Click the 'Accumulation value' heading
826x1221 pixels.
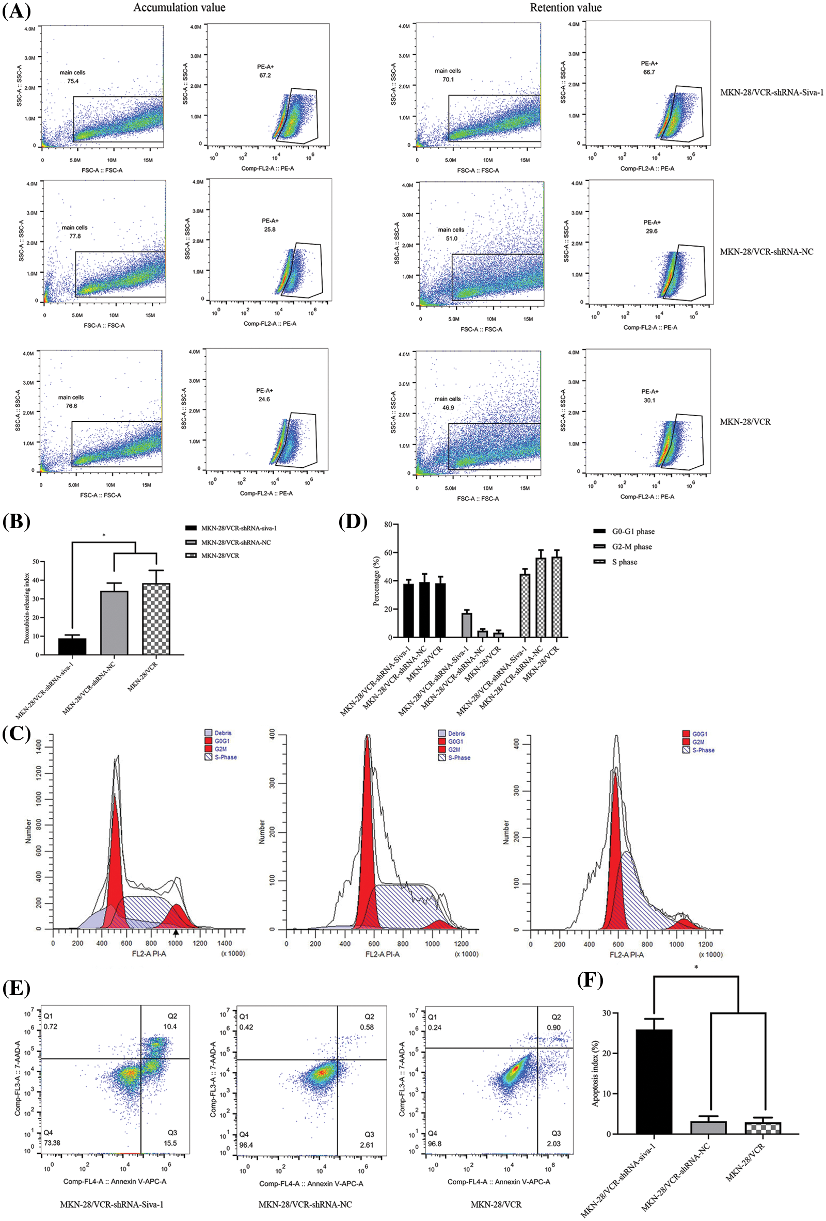[179, 7]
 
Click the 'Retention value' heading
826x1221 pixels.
[565, 7]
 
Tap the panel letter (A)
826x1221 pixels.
[17, 10]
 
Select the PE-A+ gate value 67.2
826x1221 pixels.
[264, 76]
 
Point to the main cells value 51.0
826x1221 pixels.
[451, 239]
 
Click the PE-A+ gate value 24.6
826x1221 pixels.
[264, 399]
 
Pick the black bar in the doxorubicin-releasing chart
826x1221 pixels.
[72, 646]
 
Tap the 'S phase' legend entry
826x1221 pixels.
[624, 562]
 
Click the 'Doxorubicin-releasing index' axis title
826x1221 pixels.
[27, 608]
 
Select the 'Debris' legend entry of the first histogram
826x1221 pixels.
[223, 733]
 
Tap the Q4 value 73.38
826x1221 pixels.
[52, 1143]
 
